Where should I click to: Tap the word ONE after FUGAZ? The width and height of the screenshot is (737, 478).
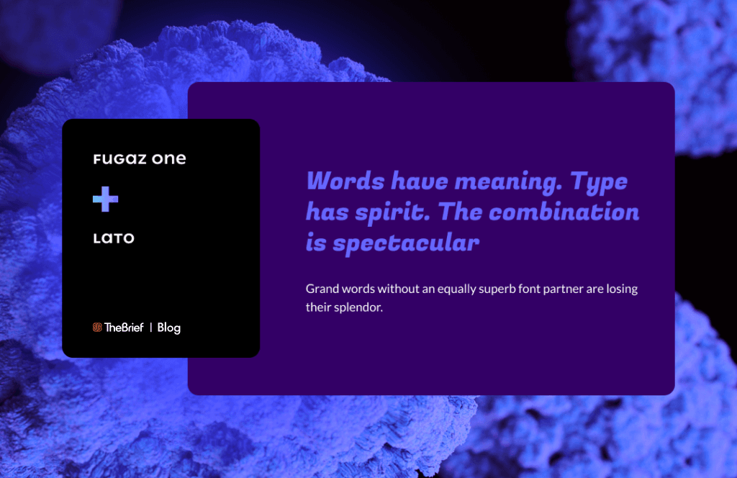pos(169,159)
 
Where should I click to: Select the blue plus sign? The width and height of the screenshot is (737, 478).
pos(105,199)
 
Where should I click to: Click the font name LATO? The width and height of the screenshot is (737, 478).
pos(114,238)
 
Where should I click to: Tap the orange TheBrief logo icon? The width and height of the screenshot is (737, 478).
pos(97,328)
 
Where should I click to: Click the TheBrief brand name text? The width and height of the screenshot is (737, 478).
pos(124,328)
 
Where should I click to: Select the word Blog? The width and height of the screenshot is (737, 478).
pos(168,328)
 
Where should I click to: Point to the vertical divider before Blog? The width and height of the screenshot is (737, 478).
pos(151,328)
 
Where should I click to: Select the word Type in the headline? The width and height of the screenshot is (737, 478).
pos(599,182)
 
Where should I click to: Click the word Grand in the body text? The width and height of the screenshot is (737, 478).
pos(322,289)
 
